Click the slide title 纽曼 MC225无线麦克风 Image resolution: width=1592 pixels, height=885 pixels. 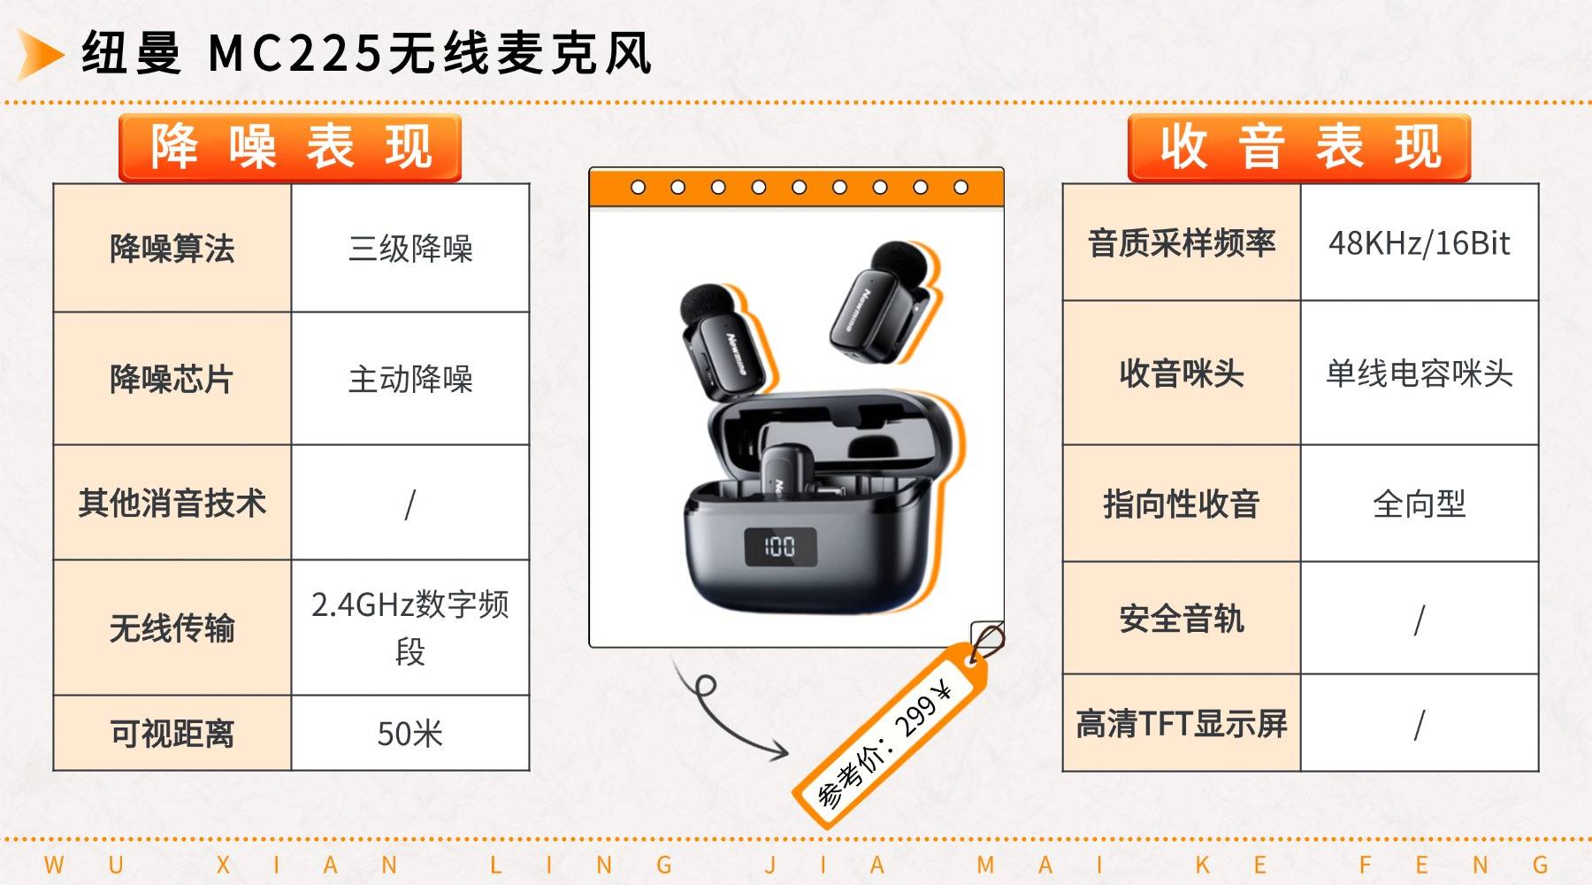[367, 53]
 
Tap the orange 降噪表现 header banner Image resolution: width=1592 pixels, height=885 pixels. [290, 148]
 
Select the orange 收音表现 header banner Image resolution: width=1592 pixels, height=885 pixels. [1299, 148]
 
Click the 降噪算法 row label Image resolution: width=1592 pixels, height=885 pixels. [172, 248]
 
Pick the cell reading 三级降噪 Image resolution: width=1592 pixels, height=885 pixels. [410, 248]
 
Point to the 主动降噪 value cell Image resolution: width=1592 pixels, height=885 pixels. [410, 379]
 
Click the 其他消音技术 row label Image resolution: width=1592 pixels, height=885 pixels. [172, 503]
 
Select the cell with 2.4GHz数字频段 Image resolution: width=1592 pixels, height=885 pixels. [410, 627]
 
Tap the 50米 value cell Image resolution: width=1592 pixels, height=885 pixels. [410, 734]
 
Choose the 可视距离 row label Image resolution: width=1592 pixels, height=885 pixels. [172, 734]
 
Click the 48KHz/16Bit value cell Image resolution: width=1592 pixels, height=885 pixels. [1420, 242]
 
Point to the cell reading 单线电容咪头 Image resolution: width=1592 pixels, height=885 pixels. [1420, 373]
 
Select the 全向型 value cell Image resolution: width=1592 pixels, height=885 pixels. [1420, 504]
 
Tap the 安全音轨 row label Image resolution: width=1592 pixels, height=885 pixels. [1182, 619]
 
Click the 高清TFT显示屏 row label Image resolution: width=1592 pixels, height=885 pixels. [1182, 723]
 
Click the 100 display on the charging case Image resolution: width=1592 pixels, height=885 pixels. [779, 546]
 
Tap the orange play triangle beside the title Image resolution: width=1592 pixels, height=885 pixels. [40, 54]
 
